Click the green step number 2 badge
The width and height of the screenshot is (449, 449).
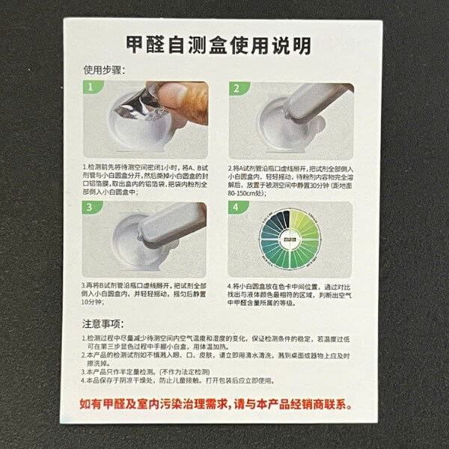pos(236,88)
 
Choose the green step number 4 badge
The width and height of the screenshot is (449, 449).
pos(236,207)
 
